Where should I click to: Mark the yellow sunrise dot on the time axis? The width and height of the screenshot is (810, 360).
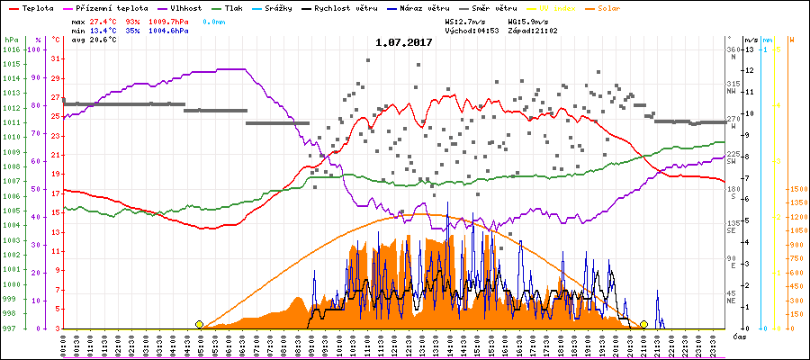[199, 324]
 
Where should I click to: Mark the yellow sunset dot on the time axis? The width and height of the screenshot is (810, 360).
[643, 324]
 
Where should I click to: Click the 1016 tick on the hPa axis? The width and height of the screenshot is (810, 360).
[11, 49]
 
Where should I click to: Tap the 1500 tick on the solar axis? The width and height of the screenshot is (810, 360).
[796, 190]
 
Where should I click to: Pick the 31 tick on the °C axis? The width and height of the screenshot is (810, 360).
[57, 58]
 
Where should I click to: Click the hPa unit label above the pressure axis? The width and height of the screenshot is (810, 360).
[10, 40]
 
